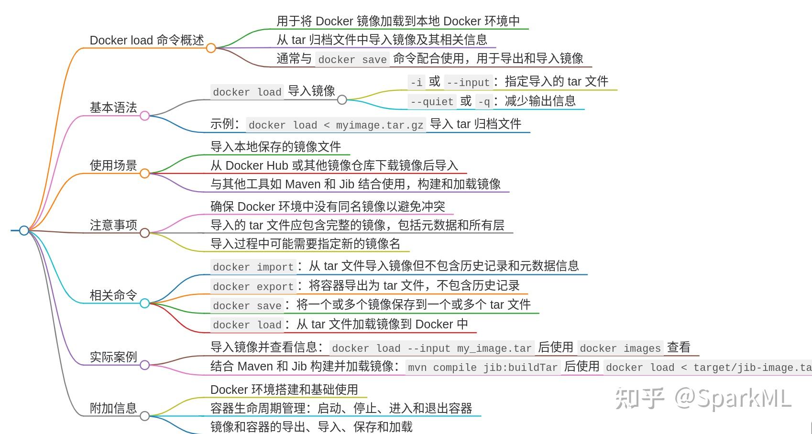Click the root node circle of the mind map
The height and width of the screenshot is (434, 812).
tap(24, 230)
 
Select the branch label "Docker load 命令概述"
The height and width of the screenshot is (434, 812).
tap(147, 40)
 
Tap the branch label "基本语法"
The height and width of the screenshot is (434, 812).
tap(113, 108)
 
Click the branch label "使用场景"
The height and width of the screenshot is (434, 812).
tap(113, 165)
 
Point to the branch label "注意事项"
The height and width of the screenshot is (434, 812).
tap(113, 225)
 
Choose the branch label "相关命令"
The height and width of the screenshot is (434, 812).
tap(113, 295)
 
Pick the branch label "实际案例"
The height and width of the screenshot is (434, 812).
tap(113, 357)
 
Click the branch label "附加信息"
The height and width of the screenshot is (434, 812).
tap(113, 408)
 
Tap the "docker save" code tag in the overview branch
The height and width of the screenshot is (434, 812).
tap(352, 59)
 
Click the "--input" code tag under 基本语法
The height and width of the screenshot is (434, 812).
tap(468, 82)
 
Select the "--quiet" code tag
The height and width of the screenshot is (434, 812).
tap(432, 101)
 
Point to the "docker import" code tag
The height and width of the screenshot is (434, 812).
tap(253, 267)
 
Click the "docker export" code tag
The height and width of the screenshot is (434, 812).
tap(253, 286)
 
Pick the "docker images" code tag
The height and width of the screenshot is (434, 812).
tap(620, 348)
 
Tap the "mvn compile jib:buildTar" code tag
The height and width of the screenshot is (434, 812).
tap(482, 367)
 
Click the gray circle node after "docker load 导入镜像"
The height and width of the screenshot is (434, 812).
tap(342, 99)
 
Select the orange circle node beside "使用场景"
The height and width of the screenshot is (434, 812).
tap(144, 173)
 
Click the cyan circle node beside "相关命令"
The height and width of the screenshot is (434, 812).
tap(144, 303)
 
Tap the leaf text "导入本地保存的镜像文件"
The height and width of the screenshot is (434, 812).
tap(275, 147)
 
